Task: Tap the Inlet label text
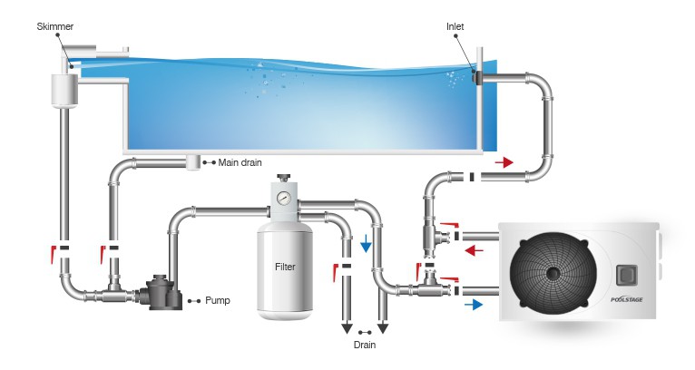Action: click(x=456, y=27)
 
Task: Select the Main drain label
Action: click(x=240, y=163)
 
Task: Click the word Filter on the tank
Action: click(x=286, y=268)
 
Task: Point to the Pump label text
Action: click(x=217, y=300)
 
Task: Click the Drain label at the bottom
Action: click(x=365, y=345)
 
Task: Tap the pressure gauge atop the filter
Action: click(x=285, y=196)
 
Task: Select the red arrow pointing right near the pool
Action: click(x=504, y=163)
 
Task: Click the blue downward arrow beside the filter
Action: click(x=366, y=245)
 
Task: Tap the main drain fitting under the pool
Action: click(x=193, y=162)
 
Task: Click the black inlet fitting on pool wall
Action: click(x=476, y=80)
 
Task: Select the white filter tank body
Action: click(x=285, y=272)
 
